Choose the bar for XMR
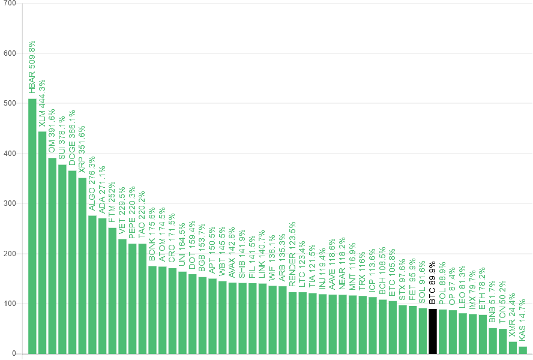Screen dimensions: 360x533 513,347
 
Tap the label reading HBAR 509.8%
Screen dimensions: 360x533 32,67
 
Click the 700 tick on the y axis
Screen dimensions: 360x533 10,4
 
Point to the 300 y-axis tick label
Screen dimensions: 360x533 10,203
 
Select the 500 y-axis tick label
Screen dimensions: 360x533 10,103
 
